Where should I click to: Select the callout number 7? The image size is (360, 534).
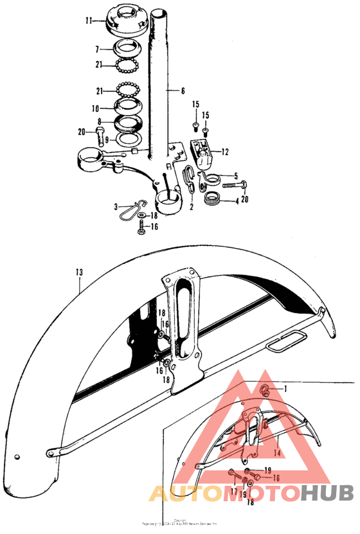click(x=96, y=49)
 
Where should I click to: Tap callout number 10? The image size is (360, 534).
click(x=94, y=108)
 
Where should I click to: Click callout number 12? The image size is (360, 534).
click(x=224, y=152)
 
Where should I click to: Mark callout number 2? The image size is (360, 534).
click(x=191, y=208)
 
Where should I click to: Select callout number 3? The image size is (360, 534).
click(x=116, y=206)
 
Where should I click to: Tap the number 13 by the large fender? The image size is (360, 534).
click(x=78, y=272)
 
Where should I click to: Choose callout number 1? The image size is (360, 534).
click(x=286, y=389)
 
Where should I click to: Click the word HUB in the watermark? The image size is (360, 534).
click(x=327, y=493)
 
